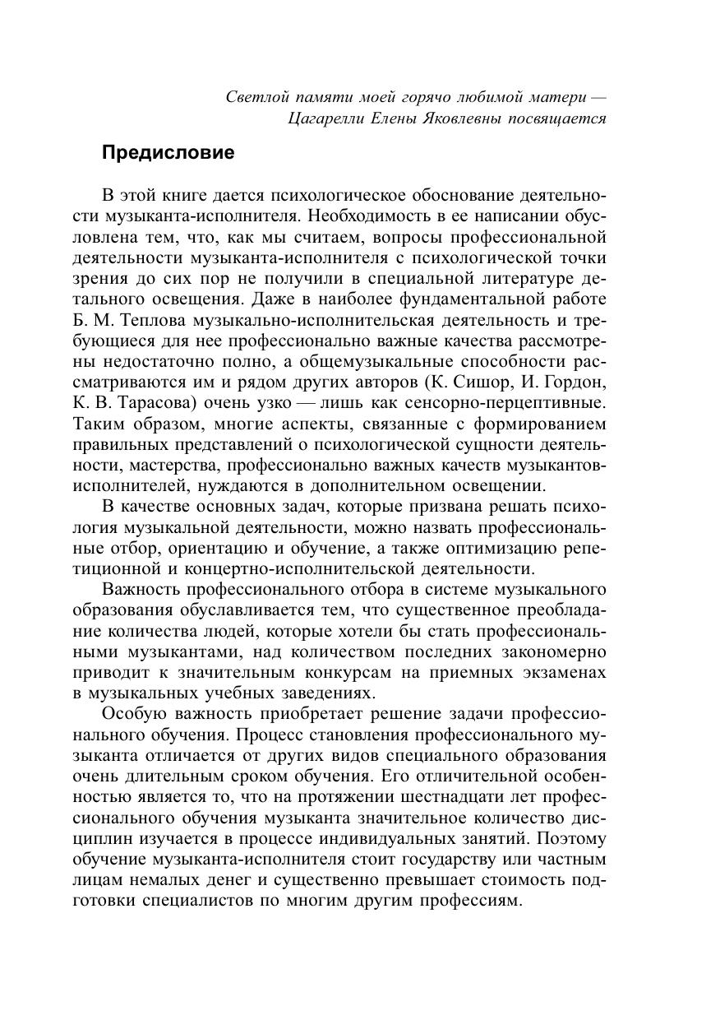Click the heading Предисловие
coord(168,153)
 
